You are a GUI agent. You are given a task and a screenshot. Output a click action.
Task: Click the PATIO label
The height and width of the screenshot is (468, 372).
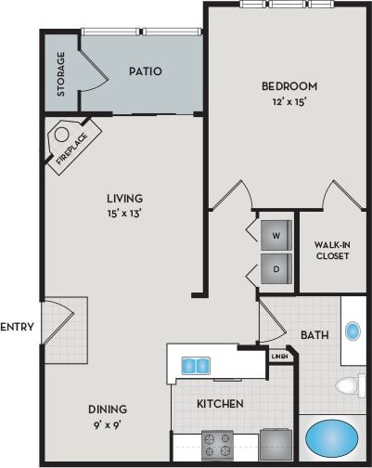point(140,71)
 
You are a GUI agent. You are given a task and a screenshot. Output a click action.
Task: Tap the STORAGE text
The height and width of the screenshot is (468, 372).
point(61,74)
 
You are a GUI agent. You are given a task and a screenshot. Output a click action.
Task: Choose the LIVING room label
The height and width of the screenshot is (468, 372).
point(123,198)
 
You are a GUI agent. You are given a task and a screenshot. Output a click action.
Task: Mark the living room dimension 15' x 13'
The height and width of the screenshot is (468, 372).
point(123,213)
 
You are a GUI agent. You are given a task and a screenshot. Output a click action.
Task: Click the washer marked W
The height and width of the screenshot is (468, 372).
point(276,236)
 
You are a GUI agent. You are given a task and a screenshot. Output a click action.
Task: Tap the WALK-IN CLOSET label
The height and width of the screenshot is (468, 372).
point(332,250)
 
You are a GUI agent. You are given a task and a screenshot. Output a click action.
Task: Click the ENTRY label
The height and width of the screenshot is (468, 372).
point(17,327)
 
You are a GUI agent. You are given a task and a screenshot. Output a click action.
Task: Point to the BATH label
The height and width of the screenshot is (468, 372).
point(312,334)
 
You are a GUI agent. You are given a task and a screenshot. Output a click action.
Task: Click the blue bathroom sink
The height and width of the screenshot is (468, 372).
point(353,331)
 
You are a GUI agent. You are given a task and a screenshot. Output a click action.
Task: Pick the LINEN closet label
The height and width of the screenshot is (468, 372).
point(279,356)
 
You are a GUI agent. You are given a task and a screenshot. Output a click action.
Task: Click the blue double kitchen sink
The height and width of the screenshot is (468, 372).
point(195,364)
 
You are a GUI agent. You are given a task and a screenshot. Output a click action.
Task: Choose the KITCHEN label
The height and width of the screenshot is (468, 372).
point(221,404)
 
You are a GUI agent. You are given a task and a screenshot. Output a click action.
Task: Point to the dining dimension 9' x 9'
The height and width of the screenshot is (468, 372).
point(108,424)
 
